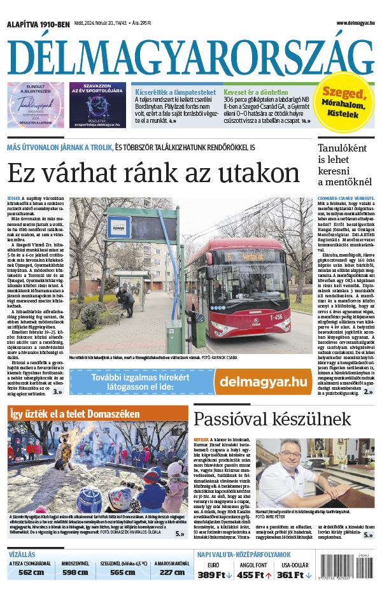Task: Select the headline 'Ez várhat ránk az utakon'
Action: click(x=153, y=173)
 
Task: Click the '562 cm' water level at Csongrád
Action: click(x=31, y=572)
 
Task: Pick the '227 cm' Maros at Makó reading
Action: click(x=171, y=572)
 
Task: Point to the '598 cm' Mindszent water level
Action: click(x=75, y=572)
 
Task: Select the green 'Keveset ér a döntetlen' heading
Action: click(x=260, y=92)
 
